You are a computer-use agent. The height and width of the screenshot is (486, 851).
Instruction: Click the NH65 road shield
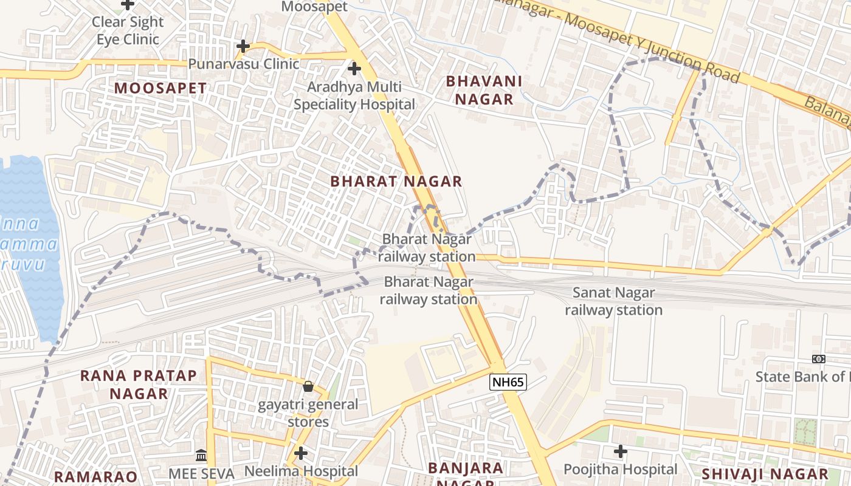tap(508, 382)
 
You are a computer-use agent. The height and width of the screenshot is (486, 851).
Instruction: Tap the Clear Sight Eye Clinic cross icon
tap(128, 4)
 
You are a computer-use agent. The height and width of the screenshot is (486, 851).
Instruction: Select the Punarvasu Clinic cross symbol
tap(243, 46)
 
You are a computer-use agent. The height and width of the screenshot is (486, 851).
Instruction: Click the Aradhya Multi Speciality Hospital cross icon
tap(354, 69)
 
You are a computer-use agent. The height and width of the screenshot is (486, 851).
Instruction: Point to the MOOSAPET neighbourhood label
tap(160, 88)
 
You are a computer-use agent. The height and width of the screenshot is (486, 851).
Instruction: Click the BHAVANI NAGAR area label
tap(484, 90)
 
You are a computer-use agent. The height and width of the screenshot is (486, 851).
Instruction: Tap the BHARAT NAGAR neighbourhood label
tap(396, 181)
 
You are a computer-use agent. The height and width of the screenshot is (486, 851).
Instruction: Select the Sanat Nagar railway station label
tap(613, 301)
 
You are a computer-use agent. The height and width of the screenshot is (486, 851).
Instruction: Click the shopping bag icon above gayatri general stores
tap(308, 386)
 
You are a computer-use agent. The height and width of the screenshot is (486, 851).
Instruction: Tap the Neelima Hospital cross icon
tap(301, 453)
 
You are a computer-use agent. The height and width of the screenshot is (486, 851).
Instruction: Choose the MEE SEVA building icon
tap(201, 455)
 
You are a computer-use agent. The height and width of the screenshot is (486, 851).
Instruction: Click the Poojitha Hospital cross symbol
tap(620, 451)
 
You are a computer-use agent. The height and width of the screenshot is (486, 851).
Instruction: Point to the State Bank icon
tap(819, 359)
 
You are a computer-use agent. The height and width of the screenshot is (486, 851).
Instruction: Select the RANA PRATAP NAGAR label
tap(139, 384)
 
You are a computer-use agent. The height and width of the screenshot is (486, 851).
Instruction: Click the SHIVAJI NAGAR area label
tap(765, 474)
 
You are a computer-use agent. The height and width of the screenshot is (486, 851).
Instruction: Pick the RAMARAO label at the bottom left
tap(96, 476)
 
